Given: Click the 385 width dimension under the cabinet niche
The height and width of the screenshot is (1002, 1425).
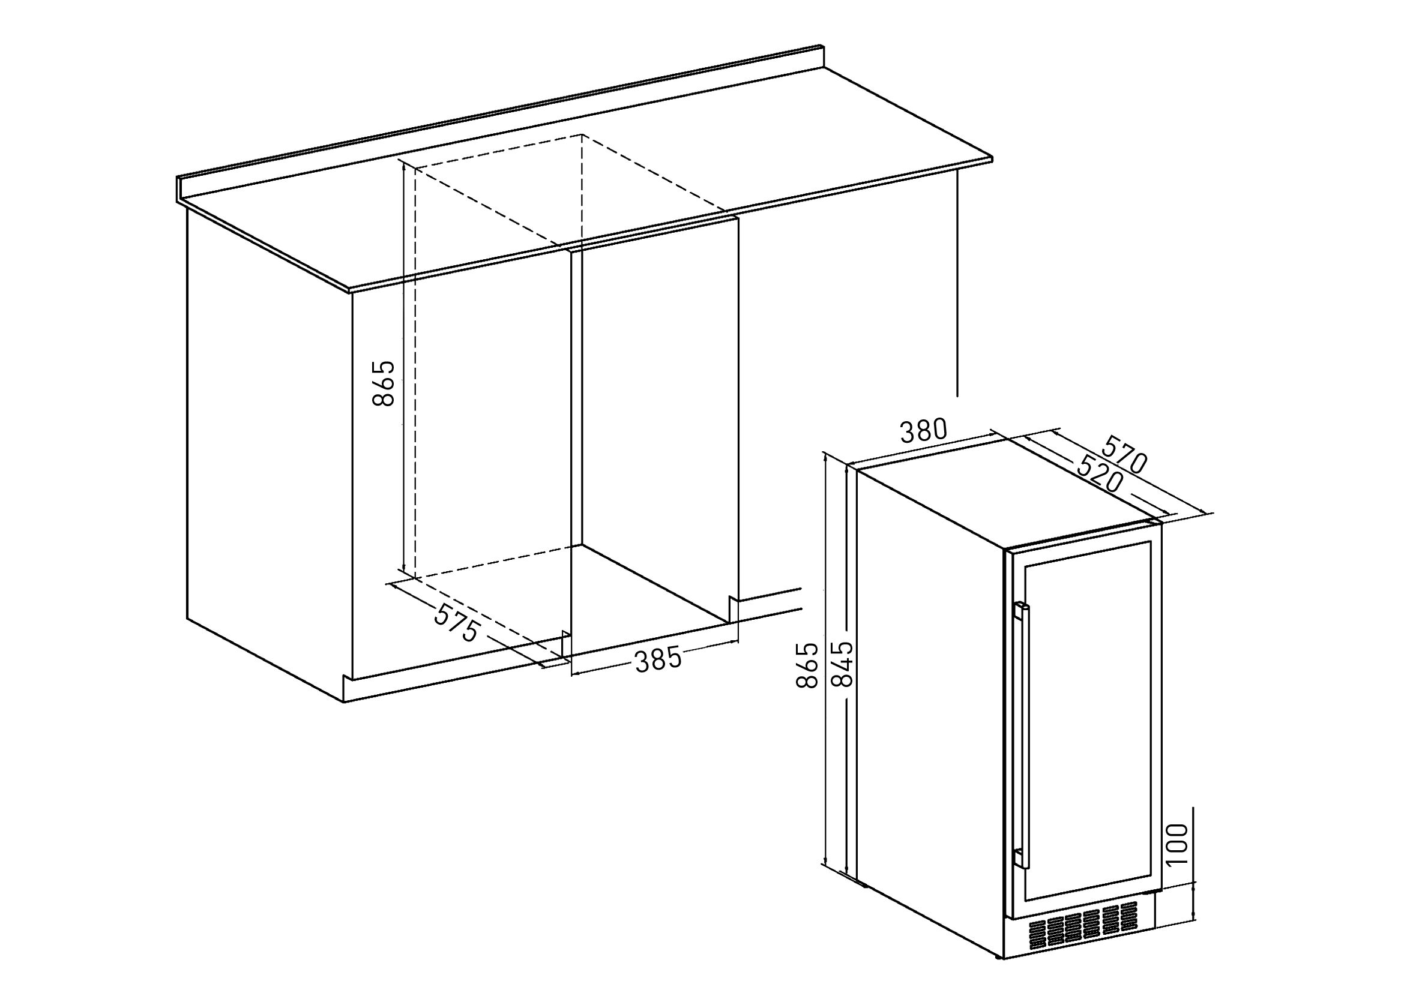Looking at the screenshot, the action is click(658, 659).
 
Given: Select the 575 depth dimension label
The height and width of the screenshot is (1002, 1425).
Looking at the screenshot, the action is click(456, 623).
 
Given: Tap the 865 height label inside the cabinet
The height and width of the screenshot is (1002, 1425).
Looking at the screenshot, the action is click(384, 383).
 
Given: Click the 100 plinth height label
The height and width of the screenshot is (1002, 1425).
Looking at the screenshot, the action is click(1176, 844).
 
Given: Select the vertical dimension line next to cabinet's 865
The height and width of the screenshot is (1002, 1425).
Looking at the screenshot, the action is click(403, 367).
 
